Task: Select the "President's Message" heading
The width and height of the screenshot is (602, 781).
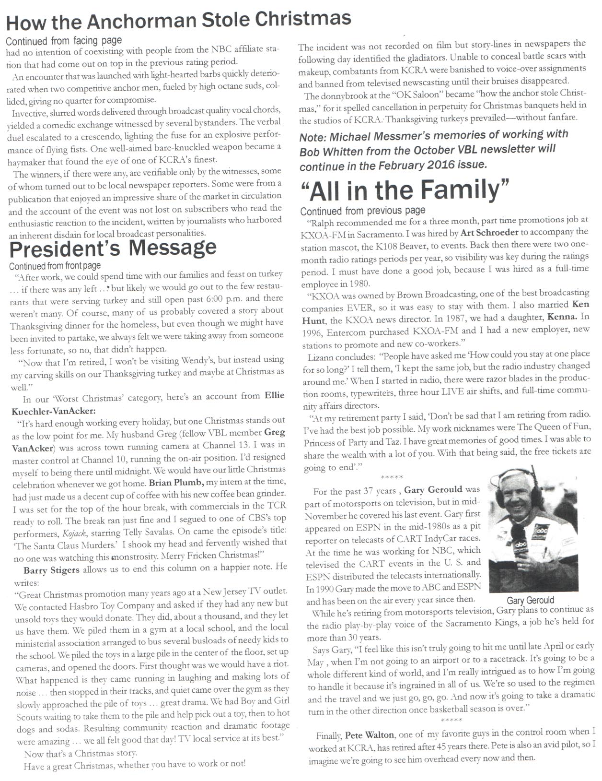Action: click(113, 248)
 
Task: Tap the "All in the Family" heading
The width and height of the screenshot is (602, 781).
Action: click(405, 190)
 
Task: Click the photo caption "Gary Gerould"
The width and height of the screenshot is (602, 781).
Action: click(530, 600)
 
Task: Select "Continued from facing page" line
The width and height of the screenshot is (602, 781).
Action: click(64, 41)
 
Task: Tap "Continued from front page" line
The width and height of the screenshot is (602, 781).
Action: click(55, 265)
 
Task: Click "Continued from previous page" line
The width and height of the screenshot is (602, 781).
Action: click(363, 211)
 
